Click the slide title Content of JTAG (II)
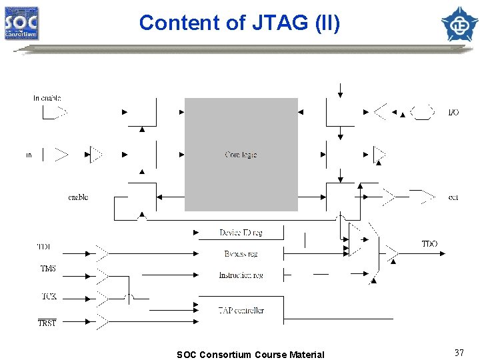coord(239,23)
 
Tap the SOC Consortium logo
coord(22,23)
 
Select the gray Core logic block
coord(241,154)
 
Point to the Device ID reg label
coord(241,233)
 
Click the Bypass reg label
coord(241,254)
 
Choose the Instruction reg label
coord(241,275)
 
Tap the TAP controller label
coord(241,310)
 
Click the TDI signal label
coord(44,247)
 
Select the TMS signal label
coord(48,269)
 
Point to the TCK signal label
coord(48,295)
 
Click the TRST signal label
coord(47,323)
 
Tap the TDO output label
coord(429,244)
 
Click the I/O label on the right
coord(453,113)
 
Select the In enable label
coord(47,98)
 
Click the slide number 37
coord(459,353)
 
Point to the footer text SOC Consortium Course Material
coord(250,355)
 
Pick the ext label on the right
coord(453,197)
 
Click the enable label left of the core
coord(78,197)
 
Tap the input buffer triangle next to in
coord(61,155)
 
